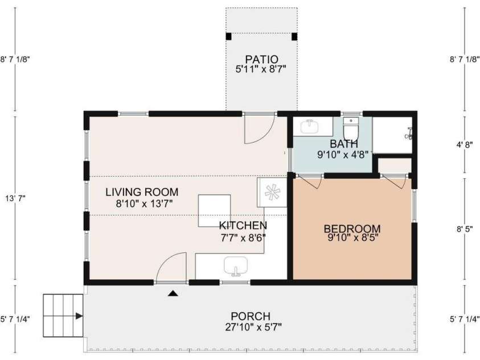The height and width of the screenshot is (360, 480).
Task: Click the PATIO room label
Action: [262, 59]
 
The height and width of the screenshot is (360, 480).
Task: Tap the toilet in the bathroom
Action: [351, 129]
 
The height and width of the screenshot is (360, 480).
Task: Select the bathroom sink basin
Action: [310, 126]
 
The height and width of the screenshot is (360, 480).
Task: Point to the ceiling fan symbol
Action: [272, 193]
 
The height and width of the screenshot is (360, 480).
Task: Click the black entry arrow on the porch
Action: [173, 293]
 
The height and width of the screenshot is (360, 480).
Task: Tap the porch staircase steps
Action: [63, 316]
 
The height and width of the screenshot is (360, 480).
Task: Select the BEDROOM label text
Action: [352, 228]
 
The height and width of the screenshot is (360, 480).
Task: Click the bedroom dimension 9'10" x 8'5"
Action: [353, 238]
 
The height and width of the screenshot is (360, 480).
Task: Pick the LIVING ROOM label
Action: [142, 192]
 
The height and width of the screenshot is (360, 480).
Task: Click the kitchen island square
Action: [214, 211]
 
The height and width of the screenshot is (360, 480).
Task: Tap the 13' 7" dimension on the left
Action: [15, 198]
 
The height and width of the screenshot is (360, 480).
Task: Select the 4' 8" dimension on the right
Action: [465, 145]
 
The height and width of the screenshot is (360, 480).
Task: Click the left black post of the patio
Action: [229, 36]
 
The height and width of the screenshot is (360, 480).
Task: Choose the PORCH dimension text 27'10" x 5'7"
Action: [253, 327]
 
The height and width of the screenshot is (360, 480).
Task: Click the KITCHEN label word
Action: [243, 226]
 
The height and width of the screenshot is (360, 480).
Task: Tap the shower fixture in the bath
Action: [409, 134]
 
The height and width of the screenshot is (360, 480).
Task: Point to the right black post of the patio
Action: [294, 36]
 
